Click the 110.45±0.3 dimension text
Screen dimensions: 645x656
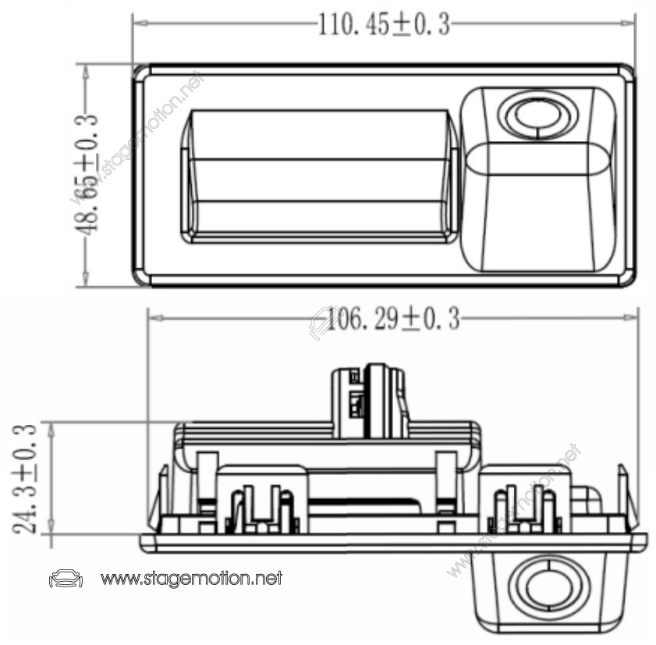(384, 25)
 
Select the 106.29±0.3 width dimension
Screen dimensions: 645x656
(393, 319)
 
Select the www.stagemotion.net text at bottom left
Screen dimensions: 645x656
(191, 579)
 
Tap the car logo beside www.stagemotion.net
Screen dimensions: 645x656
(66, 579)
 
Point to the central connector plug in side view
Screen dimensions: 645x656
(370, 401)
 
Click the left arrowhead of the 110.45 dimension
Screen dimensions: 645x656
(139, 23)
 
